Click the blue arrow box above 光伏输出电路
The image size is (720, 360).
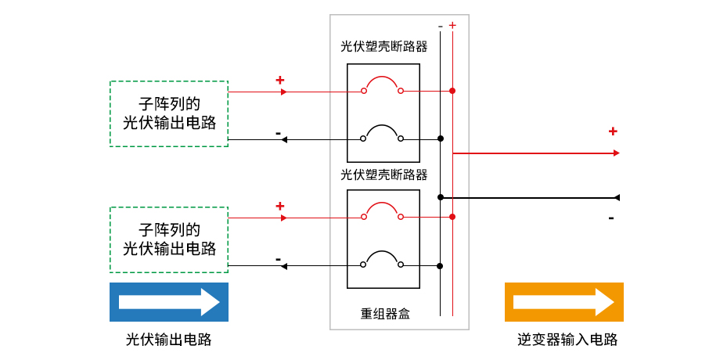pyautogui.click(x=168, y=302)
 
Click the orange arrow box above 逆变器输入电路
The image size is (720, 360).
pyautogui.click(x=563, y=302)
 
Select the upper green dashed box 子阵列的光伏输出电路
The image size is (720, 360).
pyautogui.click(x=168, y=113)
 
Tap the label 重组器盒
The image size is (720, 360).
pyautogui.click(x=384, y=314)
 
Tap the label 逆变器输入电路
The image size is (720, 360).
pyautogui.click(x=567, y=340)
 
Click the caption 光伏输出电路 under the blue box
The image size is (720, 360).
pyautogui.click(x=168, y=340)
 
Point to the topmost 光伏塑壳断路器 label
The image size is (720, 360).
pyautogui.click(x=383, y=47)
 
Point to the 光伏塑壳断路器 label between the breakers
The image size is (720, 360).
pyautogui.click(x=383, y=175)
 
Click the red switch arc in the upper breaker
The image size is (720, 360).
pyautogui.click(x=382, y=81)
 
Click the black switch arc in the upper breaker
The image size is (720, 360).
pyautogui.click(x=382, y=129)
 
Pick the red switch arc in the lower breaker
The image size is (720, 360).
pyautogui.click(x=382, y=207)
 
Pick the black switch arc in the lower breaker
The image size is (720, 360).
pyautogui.click(x=382, y=256)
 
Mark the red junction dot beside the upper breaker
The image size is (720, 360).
pyautogui.click(x=452, y=92)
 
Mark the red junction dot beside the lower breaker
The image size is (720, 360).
pyautogui.click(x=452, y=217)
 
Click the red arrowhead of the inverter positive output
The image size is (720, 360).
pyautogui.click(x=617, y=153)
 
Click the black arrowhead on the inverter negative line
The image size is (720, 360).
pyautogui.click(x=617, y=197)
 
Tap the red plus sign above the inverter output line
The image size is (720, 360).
pyautogui.click(x=613, y=131)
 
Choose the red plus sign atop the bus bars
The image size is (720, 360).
pyautogui.click(x=452, y=25)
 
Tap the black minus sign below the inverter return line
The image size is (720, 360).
pyautogui.click(x=611, y=218)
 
